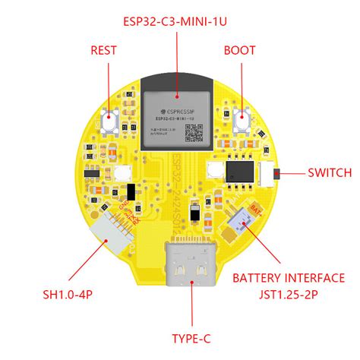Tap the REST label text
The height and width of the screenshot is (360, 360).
pyautogui.click(x=103, y=51)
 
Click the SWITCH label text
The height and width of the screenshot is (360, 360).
pyautogui.click(x=329, y=173)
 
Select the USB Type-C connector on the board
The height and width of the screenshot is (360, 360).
pyautogui.click(x=189, y=267)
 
